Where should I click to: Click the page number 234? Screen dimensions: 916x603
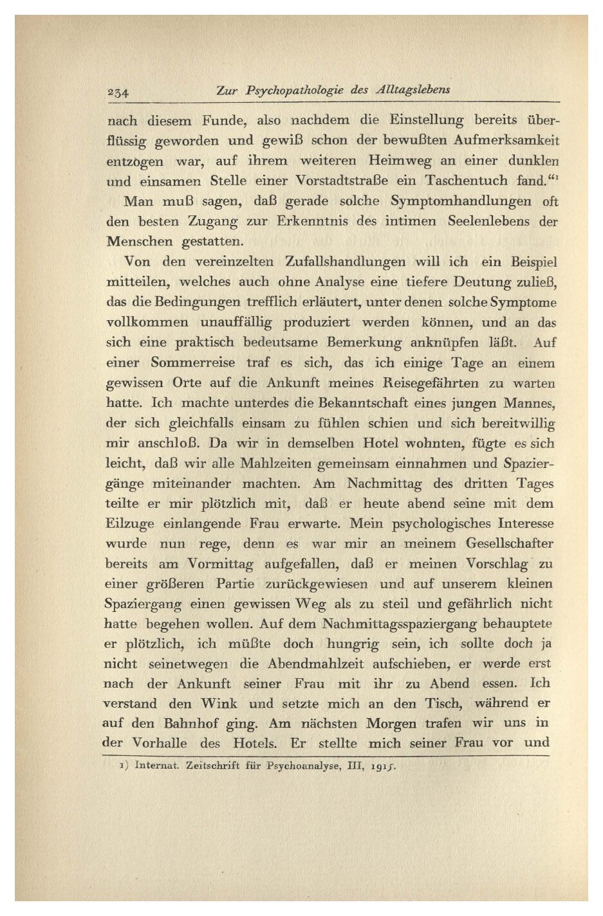point(118,92)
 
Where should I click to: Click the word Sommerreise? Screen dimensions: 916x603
point(193,363)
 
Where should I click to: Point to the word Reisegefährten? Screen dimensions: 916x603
point(432,383)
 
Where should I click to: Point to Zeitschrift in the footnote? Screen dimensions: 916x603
point(212,766)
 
